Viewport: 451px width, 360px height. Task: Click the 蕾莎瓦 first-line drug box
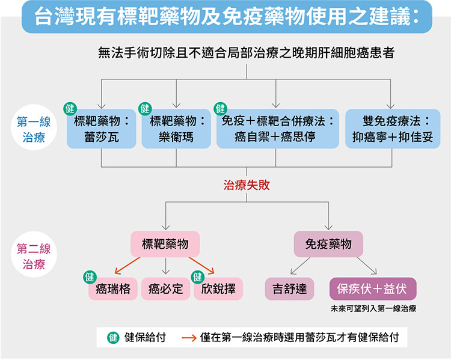[x=101, y=129]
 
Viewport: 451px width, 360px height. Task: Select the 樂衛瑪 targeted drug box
[x=176, y=129]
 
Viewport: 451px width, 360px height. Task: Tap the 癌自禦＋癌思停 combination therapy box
[x=278, y=129]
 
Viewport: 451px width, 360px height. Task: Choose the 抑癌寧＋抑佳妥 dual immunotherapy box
[x=393, y=129]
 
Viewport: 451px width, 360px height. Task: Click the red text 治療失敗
[x=247, y=185]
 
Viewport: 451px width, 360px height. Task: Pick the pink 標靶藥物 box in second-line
[x=165, y=244]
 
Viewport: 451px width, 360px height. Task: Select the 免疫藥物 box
[x=328, y=244]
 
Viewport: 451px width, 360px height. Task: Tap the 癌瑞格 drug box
[x=113, y=288]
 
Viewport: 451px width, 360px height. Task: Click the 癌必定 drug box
[x=166, y=288]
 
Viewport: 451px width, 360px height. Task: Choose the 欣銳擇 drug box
[x=218, y=288]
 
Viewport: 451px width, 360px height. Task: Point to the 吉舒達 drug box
[x=289, y=288]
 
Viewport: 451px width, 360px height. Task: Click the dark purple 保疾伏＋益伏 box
[x=373, y=288]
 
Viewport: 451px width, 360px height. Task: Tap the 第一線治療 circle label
[x=34, y=127]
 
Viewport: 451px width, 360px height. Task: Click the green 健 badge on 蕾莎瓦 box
[x=70, y=109]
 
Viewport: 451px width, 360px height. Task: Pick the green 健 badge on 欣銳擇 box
[x=198, y=277]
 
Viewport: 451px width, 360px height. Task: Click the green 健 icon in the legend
[x=113, y=338]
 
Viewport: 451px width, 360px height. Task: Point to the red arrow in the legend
[x=189, y=338]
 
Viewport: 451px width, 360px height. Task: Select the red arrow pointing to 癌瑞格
[x=127, y=266]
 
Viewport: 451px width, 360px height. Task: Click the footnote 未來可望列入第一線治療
[x=373, y=308]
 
